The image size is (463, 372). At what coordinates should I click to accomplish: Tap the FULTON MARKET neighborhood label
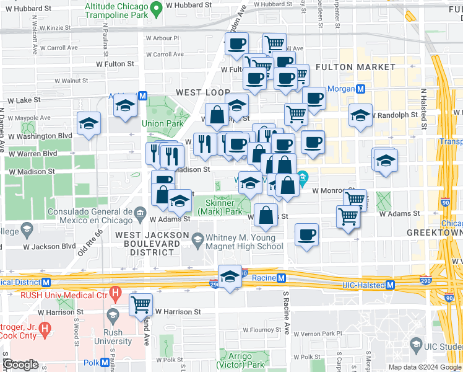click(355, 67)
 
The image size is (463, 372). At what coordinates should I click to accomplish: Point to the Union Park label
click(162, 124)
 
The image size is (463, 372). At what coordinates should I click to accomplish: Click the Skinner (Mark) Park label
click(220, 206)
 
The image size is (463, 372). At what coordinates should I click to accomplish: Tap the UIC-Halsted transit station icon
click(390, 285)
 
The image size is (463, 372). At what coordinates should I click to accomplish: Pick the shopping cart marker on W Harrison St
click(141, 304)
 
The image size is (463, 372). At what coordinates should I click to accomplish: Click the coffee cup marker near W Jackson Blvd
click(306, 235)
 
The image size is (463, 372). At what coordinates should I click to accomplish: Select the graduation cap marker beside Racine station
click(230, 277)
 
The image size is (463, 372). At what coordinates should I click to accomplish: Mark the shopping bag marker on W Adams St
click(266, 215)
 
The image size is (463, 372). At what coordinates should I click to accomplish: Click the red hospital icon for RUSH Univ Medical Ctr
click(114, 291)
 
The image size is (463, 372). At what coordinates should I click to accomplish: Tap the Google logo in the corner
click(20, 364)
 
